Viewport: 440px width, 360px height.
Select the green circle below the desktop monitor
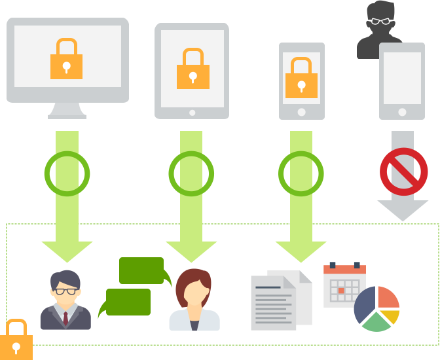coord(67,173)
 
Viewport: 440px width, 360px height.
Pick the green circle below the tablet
coord(191,173)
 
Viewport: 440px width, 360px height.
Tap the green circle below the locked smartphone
coord(301,173)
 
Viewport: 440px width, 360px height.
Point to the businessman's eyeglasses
coord(65,291)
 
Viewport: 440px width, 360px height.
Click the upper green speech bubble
coord(141,270)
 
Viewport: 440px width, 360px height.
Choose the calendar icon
coord(344,285)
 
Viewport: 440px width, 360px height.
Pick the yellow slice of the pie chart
coord(391,317)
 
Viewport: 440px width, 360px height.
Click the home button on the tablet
coord(192,112)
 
